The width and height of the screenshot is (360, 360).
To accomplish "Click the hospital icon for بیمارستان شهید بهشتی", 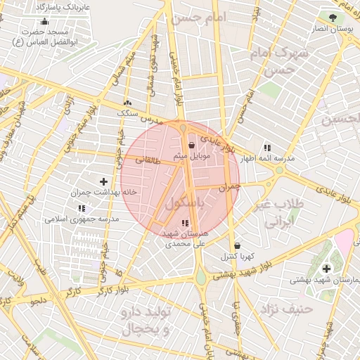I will point(327,269).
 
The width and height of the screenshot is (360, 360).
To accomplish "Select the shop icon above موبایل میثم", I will point(191,145).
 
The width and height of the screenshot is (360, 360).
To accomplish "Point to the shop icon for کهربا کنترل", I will point(237,246).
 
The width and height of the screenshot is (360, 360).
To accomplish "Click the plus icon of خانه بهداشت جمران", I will point(104,181).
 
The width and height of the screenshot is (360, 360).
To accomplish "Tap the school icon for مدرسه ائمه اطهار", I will point(267,148).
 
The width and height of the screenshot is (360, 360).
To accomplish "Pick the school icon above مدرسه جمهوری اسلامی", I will point(82,209).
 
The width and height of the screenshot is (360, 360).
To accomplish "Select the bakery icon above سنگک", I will point(127,103).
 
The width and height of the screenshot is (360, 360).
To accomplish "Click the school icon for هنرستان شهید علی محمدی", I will point(185,223).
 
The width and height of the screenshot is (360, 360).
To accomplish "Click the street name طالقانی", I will point(148,160).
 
